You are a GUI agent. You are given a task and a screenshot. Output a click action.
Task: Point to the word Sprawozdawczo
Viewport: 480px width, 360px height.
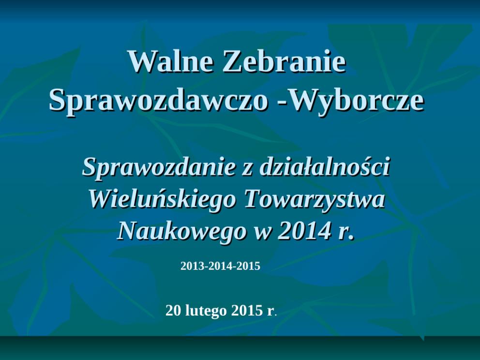(x=158, y=100)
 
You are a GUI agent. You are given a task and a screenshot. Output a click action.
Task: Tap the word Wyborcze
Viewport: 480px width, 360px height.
(x=357, y=100)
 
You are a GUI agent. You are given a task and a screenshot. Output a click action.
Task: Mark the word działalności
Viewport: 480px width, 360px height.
(x=325, y=166)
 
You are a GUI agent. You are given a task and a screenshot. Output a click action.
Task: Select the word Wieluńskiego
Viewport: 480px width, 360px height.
(x=162, y=199)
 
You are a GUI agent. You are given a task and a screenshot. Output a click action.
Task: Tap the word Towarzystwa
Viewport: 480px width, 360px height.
(x=315, y=199)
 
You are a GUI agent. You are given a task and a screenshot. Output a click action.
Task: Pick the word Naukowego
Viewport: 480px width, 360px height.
(x=182, y=231)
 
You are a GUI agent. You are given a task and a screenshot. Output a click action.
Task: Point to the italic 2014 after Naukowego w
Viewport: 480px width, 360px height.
(x=304, y=230)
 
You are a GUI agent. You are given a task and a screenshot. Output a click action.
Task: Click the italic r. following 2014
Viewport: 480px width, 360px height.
(x=346, y=234)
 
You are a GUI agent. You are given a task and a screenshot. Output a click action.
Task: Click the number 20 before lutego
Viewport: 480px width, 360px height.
(x=174, y=311)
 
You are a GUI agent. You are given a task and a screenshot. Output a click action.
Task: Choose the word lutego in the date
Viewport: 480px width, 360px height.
(x=206, y=311)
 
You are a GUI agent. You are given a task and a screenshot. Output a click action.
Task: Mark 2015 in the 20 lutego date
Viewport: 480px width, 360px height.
(x=247, y=311)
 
